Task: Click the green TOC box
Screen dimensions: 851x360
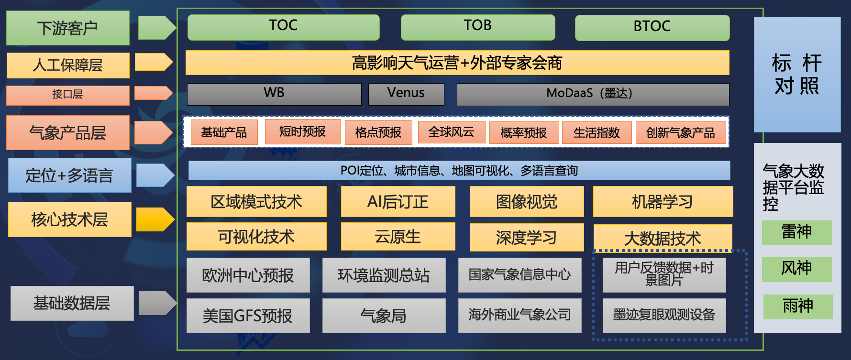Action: (283, 27)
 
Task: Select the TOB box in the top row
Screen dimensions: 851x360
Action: (478, 27)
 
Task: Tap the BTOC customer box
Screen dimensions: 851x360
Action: (652, 28)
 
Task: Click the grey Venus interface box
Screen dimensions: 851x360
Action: (406, 94)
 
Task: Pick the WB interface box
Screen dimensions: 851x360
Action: (274, 94)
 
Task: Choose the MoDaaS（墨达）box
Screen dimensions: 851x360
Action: (593, 94)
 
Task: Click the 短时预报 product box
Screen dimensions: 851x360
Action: (302, 131)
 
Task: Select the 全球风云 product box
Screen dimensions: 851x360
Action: (451, 132)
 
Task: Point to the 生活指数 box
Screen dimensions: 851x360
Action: (597, 133)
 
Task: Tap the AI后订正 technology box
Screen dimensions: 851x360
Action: (398, 202)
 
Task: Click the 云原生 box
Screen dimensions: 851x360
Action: (398, 237)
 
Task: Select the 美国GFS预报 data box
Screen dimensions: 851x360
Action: (248, 316)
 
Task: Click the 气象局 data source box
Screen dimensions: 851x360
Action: (384, 316)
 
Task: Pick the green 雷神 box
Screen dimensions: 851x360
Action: (796, 232)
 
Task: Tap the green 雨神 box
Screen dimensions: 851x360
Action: (798, 306)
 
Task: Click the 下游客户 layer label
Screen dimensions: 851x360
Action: (68, 28)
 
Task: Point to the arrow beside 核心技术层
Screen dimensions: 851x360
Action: (155, 219)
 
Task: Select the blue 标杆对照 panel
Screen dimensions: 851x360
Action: (797, 75)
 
